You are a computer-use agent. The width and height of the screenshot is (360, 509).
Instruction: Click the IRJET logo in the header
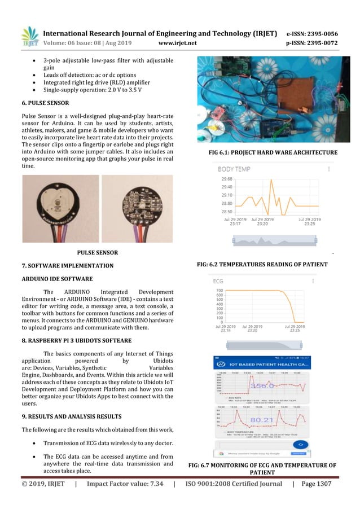(x=29, y=37)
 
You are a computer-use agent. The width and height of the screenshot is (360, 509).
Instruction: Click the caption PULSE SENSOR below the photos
(x=96, y=252)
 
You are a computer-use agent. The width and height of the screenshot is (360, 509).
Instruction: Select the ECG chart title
(x=218, y=280)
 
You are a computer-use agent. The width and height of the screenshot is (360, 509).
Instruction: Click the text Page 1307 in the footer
(x=314, y=484)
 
